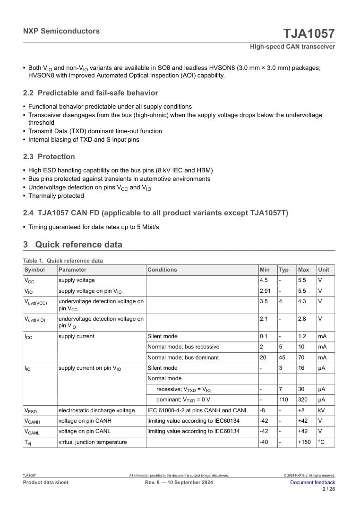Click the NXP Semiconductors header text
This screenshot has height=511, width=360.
(x=61, y=31)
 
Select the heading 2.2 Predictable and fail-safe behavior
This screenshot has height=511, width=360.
(x=91, y=93)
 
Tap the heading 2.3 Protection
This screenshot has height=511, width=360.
(x=49, y=157)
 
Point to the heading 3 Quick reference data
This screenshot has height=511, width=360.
(x=73, y=245)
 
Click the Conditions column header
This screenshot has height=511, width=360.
(x=162, y=270)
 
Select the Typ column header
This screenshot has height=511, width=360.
(x=283, y=270)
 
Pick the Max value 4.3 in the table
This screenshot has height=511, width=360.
(x=302, y=300)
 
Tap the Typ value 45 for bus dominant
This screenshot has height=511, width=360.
(x=282, y=358)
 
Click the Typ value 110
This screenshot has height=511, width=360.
(x=283, y=400)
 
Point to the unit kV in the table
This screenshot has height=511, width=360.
(x=321, y=410)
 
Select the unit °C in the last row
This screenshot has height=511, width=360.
(x=321, y=443)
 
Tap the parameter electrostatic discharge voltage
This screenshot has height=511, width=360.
(x=96, y=410)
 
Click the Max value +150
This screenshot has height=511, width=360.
(x=304, y=443)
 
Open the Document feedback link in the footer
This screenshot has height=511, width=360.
(x=312, y=482)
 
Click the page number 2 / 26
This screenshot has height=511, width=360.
(x=329, y=489)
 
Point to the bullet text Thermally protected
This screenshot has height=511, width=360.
(x=56, y=196)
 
